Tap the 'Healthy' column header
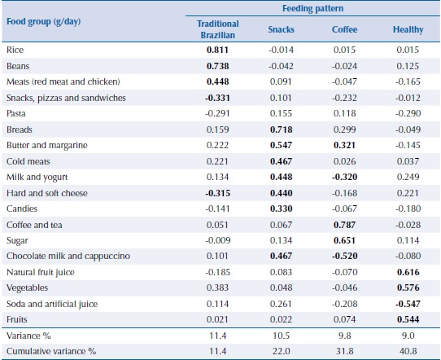point(408,30)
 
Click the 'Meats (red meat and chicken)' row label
point(63,81)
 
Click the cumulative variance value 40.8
point(408,350)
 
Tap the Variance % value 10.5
point(282,335)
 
